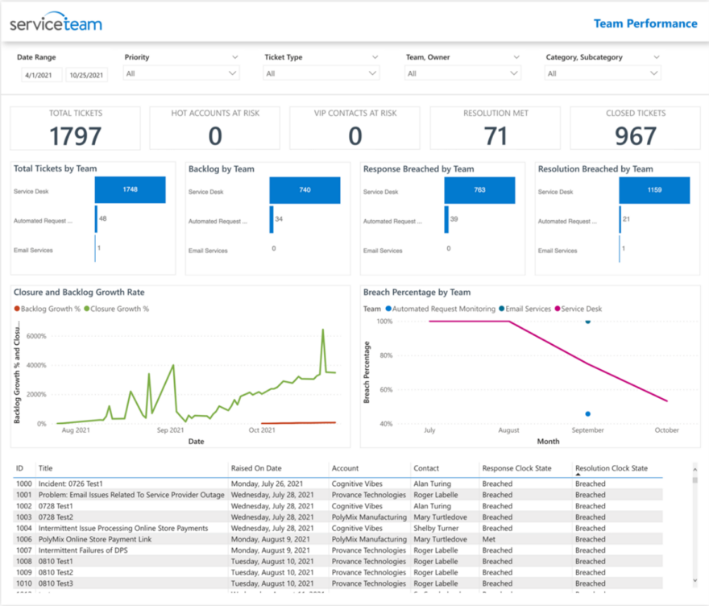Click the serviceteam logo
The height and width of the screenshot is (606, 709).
click(56, 23)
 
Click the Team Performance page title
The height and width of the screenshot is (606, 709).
click(645, 23)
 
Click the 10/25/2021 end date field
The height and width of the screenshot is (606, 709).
click(86, 75)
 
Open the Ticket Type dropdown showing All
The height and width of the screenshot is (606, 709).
click(321, 73)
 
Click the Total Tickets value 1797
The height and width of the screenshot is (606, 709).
click(75, 135)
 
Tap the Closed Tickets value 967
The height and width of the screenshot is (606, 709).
click(635, 135)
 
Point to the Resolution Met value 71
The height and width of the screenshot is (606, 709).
click(495, 135)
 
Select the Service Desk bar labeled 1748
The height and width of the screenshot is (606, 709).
click(130, 190)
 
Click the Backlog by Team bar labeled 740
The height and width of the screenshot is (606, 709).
click(305, 190)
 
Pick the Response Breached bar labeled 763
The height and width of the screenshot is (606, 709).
click(479, 190)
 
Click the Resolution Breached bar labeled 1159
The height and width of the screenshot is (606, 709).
click(654, 190)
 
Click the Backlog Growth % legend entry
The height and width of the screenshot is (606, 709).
click(47, 309)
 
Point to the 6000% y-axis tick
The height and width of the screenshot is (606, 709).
click(35, 336)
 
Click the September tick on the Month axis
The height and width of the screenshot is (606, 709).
click(587, 430)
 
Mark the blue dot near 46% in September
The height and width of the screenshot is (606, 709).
click(587, 413)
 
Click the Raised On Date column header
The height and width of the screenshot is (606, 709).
click(256, 467)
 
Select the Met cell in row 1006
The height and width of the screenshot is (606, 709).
click(488, 539)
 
